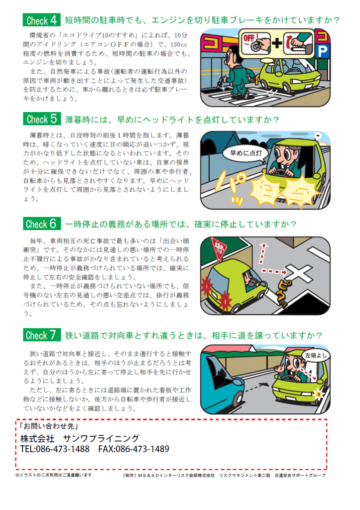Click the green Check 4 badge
[x=42, y=20]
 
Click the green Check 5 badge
[x=42, y=119]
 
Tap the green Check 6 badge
[x=42, y=224]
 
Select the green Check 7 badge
[x=42, y=335]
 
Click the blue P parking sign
[x=322, y=51]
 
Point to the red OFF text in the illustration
[x=249, y=38]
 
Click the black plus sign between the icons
[x=277, y=43]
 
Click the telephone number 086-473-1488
[x=55, y=449]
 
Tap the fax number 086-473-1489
[x=133, y=449]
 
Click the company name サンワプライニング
[x=101, y=438]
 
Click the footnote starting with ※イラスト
[x=54, y=475]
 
